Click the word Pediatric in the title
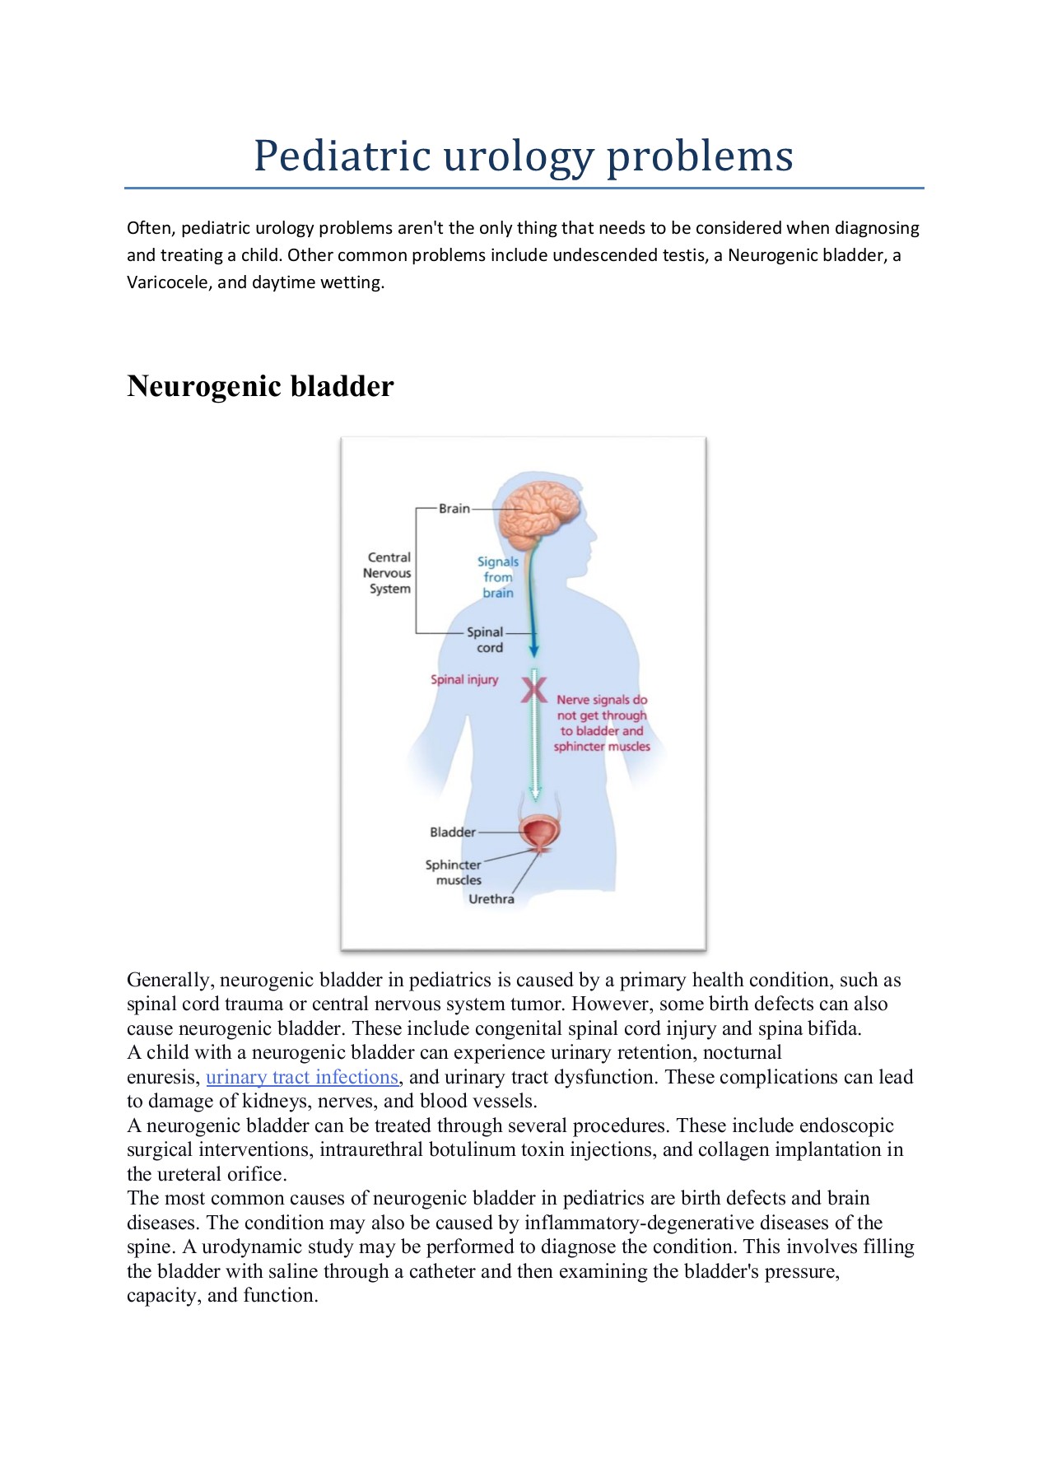tap(342, 156)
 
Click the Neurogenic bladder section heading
tap(260, 386)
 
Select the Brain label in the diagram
tap(454, 509)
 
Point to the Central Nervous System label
tap(389, 573)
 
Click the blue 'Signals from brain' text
tap(498, 577)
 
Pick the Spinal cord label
tap(486, 640)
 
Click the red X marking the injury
tap(533, 689)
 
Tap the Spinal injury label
tap(464, 680)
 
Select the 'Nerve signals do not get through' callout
tap(602, 723)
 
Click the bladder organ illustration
tap(539, 832)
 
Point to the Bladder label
tap(452, 832)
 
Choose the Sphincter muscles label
tap(454, 872)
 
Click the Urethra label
tap(491, 899)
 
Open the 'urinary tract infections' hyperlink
tap(302, 1077)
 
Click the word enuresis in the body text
tap(162, 1077)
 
